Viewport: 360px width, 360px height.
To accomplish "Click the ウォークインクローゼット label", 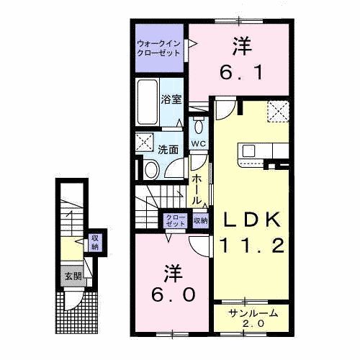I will pos(160,48).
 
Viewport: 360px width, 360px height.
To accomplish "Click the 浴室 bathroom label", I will pos(170,99).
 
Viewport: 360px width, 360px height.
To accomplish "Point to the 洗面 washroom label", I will pos(168,150).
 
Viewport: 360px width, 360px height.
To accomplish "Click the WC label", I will pos(198,143).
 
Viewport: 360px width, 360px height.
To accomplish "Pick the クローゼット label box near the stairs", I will pos(176,220).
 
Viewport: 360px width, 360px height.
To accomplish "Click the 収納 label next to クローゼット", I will pos(200,220).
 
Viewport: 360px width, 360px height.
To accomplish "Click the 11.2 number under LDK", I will pos(251,245).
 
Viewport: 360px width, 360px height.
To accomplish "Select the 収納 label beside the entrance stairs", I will pos(94,243).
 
